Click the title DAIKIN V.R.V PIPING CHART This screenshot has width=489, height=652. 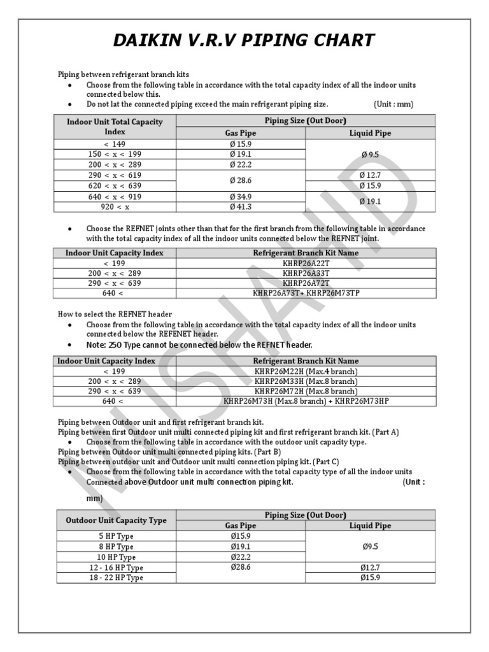[x=244, y=41]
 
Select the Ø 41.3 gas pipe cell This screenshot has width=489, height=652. [x=240, y=207]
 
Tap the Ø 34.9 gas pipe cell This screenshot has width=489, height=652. [x=240, y=197]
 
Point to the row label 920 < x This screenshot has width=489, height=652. [x=115, y=207]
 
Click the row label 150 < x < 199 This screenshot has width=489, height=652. [x=115, y=154]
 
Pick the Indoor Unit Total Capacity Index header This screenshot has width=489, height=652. [x=115, y=126]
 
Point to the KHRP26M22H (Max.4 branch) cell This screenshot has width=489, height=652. [x=306, y=371]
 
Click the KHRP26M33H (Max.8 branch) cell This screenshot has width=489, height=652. [x=306, y=381]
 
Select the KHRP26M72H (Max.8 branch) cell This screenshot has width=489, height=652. [x=306, y=392]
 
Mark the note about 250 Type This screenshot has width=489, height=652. [x=199, y=345]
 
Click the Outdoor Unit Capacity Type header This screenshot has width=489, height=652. [x=116, y=520]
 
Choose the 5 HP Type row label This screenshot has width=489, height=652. [x=116, y=536]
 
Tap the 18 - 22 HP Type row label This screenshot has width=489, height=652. [x=116, y=578]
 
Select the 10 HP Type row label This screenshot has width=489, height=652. [x=116, y=556]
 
